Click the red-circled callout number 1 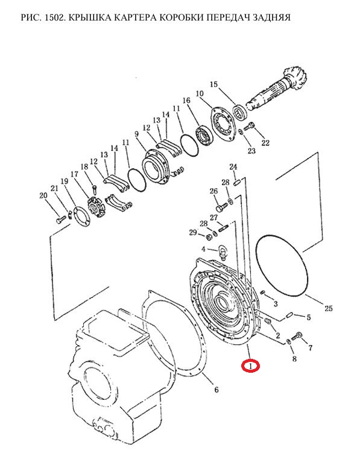click(250, 366)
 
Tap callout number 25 click(329, 308)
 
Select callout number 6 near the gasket click(216, 390)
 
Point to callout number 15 click(214, 84)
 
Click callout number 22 click(265, 143)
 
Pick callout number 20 click(43, 195)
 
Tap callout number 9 click(137, 134)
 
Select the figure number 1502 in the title click(56, 17)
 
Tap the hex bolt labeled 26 click(222, 207)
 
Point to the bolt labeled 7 click(297, 337)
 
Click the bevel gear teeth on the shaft click(295, 78)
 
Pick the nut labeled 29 click(210, 236)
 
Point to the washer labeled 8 click(288, 341)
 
